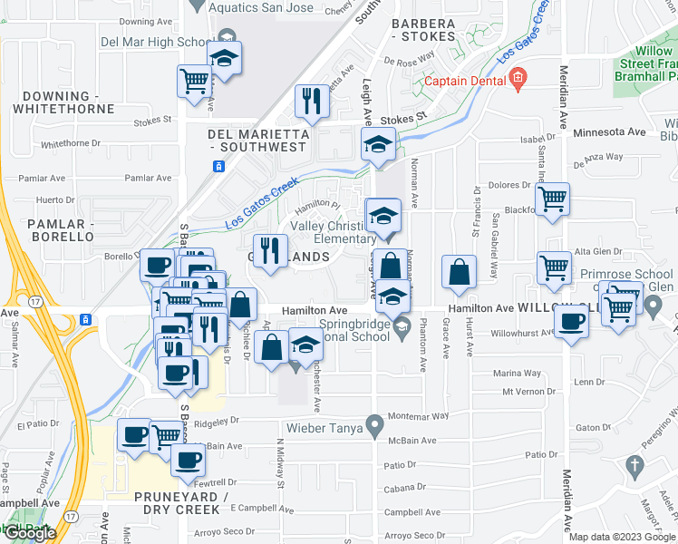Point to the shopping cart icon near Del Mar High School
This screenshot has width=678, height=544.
pos(194,81)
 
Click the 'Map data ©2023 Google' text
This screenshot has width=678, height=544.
pos(621,537)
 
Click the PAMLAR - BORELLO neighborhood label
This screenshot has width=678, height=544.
pos(61,229)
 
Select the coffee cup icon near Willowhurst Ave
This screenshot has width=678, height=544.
pos(571,320)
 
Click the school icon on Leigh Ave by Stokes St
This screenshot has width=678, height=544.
pos(378,143)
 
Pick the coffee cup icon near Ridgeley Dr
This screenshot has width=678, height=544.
pos(135,434)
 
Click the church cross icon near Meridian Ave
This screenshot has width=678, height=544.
pos(634,467)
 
